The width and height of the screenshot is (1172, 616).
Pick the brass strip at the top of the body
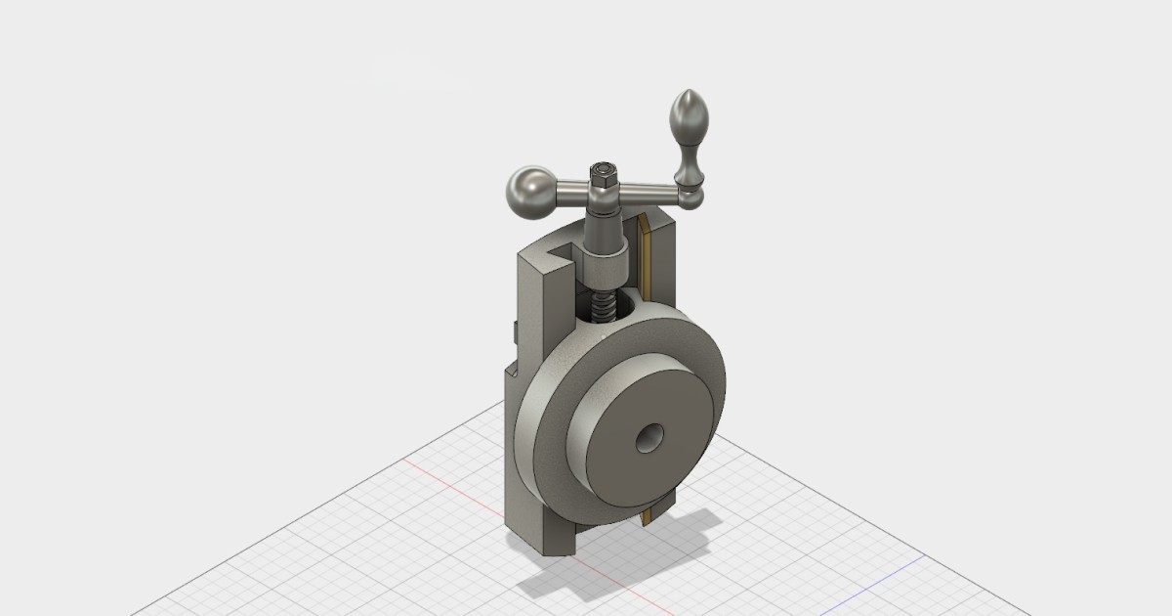(646, 249)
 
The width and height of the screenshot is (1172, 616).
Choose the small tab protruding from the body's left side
(512, 332)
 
